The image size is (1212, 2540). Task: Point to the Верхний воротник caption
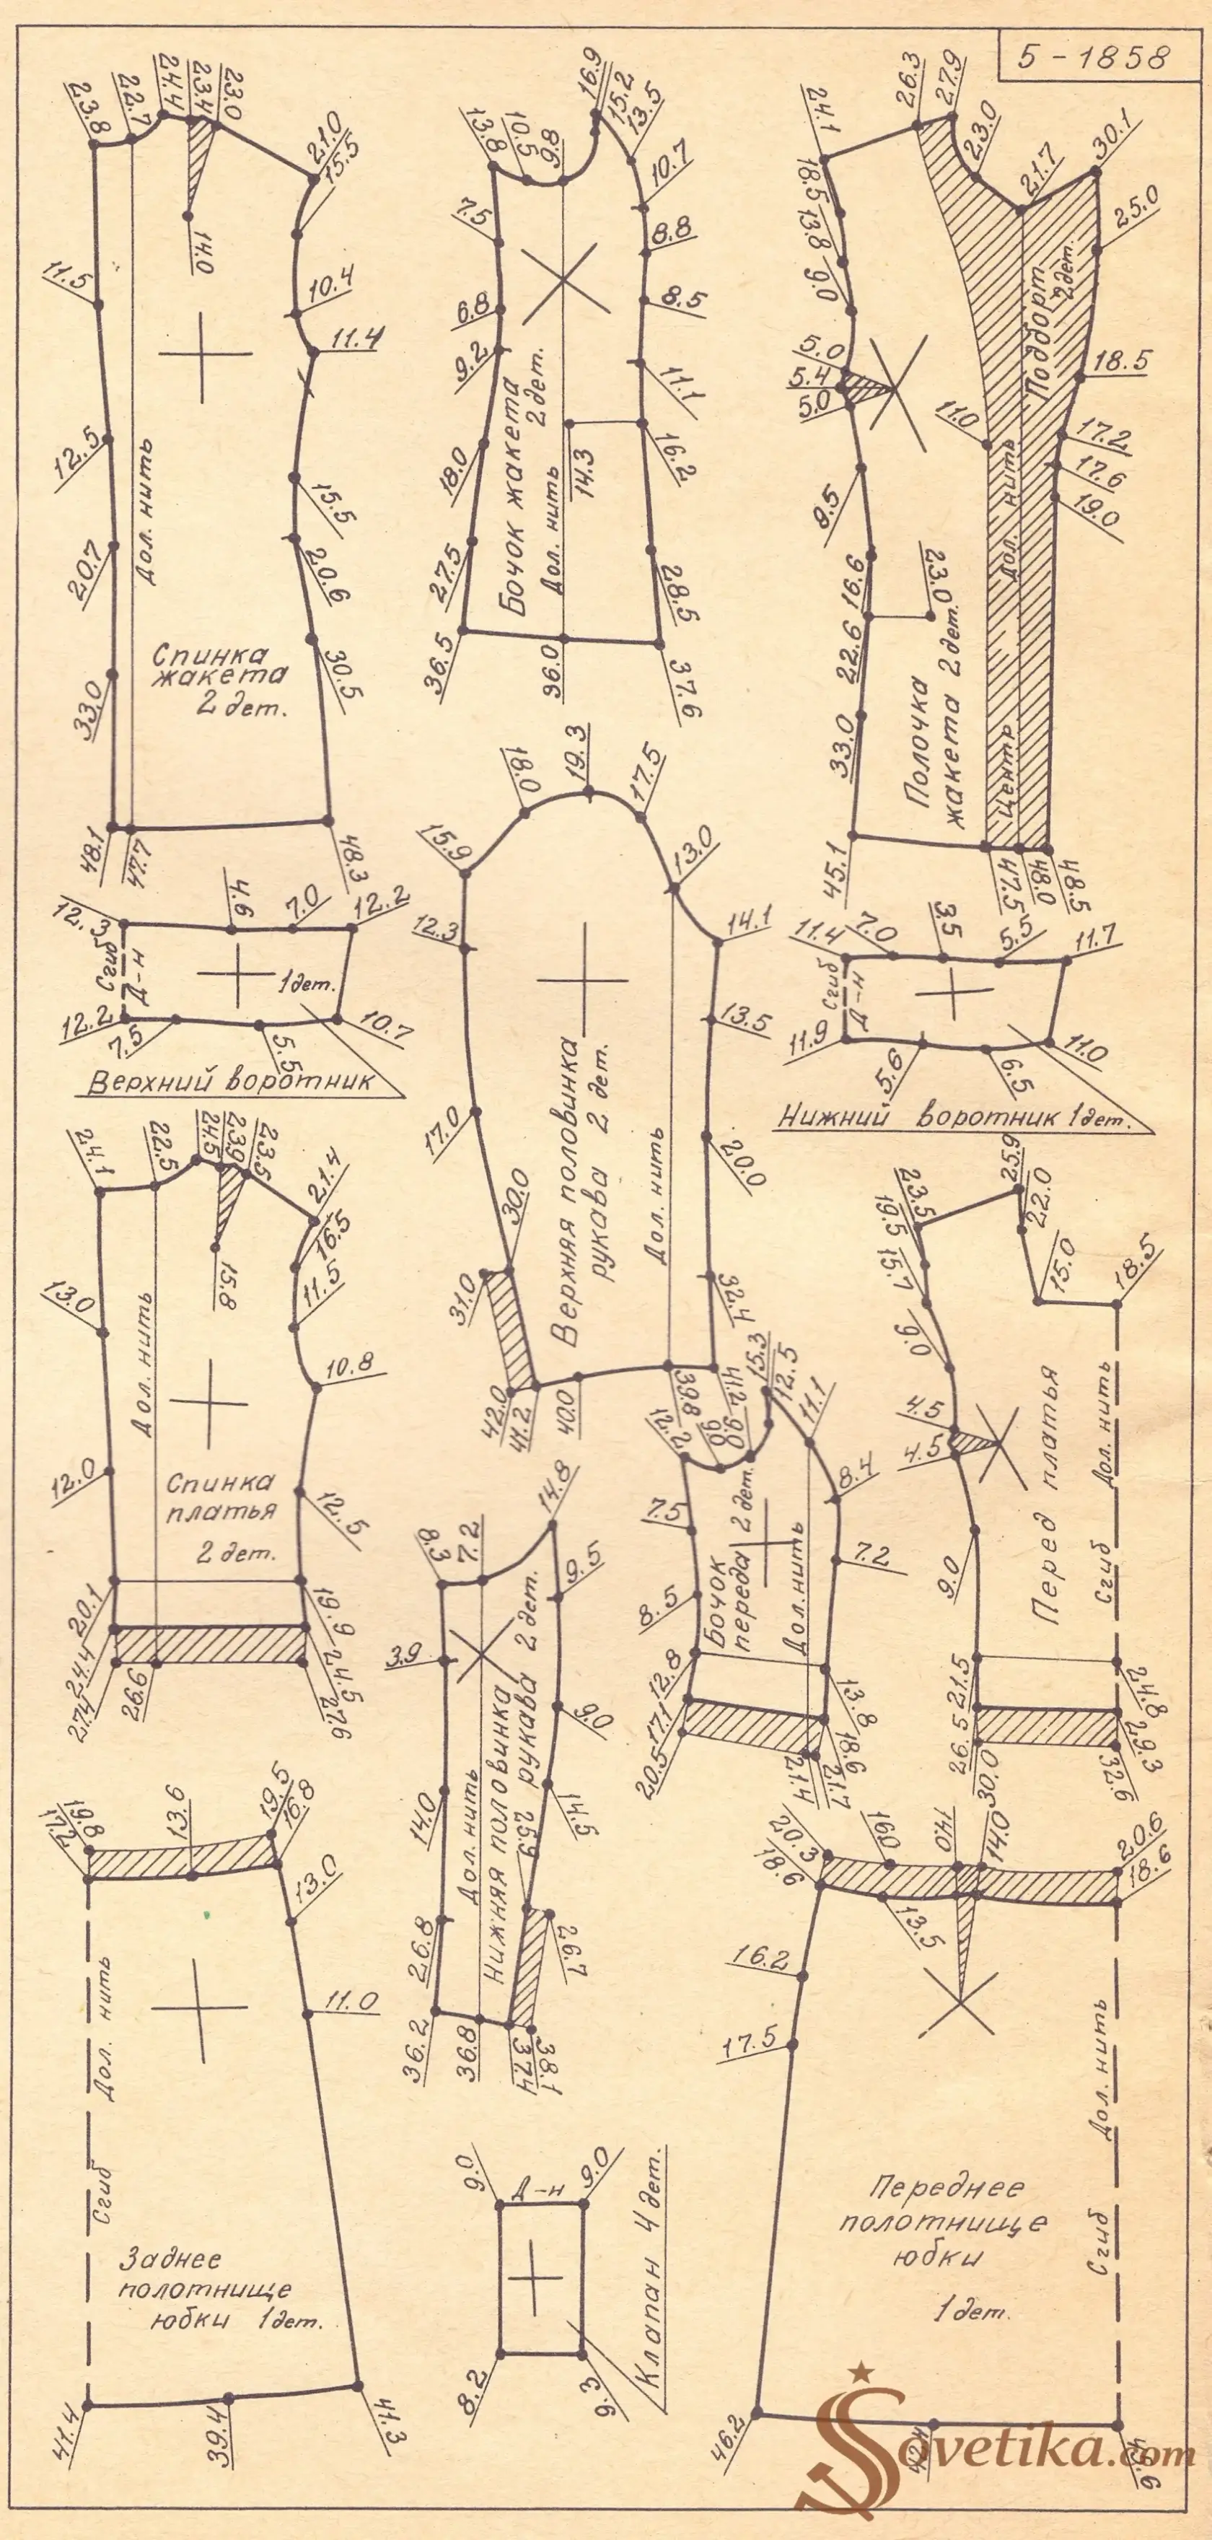point(232,1082)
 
